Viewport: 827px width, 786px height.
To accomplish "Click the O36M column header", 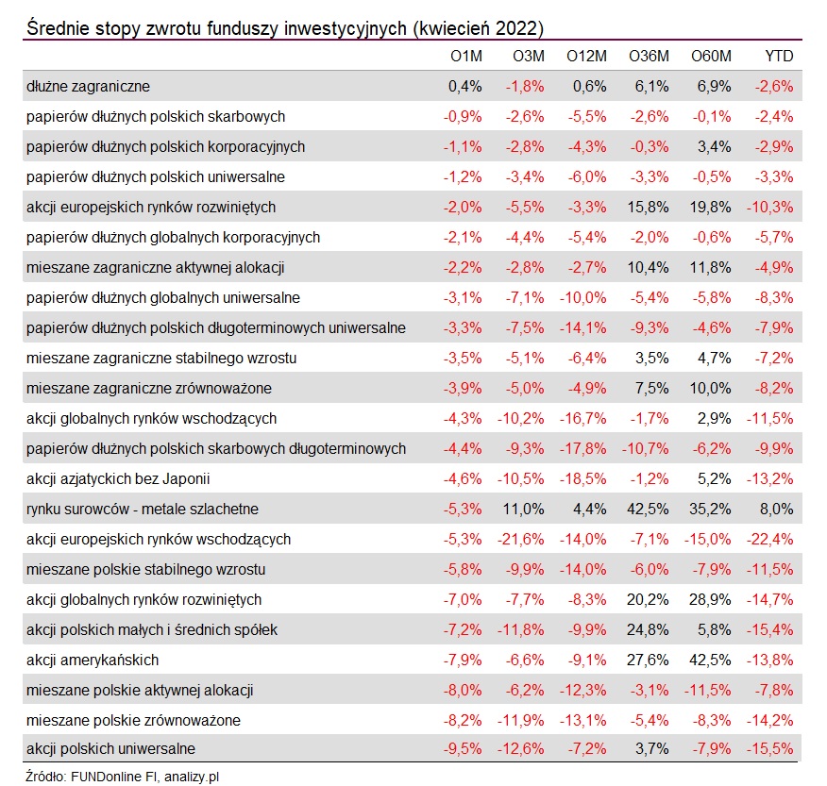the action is tap(649, 56).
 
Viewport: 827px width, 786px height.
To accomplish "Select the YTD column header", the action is tap(779, 56).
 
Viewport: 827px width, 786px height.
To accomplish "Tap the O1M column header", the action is tap(466, 56).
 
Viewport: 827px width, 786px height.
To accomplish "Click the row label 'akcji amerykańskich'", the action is tap(93, 660).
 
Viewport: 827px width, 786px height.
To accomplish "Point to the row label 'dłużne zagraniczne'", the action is tap(88, 86).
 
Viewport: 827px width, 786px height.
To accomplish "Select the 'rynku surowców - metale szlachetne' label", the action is tap(143, 510).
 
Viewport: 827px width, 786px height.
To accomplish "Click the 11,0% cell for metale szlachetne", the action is tap(523, 510).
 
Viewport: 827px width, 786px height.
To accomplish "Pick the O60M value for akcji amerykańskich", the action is tap(710, 660).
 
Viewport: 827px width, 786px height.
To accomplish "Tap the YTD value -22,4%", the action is tap(770, 540).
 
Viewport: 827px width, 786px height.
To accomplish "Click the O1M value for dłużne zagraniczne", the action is tap(465, 86).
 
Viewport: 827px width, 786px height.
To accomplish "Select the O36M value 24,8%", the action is tap(648, 630).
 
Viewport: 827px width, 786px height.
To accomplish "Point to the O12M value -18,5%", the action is tap(582, 479).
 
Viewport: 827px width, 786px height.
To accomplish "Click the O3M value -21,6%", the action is tap(520, 540).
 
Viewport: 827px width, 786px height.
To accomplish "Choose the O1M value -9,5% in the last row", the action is tap(463, 748).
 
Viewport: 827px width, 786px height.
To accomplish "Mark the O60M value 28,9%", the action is tap(710, 600).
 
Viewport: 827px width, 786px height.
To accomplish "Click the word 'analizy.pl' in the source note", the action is tap(192, 777).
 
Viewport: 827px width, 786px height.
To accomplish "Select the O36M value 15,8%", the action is tap(648, 208).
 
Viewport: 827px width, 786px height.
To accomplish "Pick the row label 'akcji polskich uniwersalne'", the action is tap(110, 748).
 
